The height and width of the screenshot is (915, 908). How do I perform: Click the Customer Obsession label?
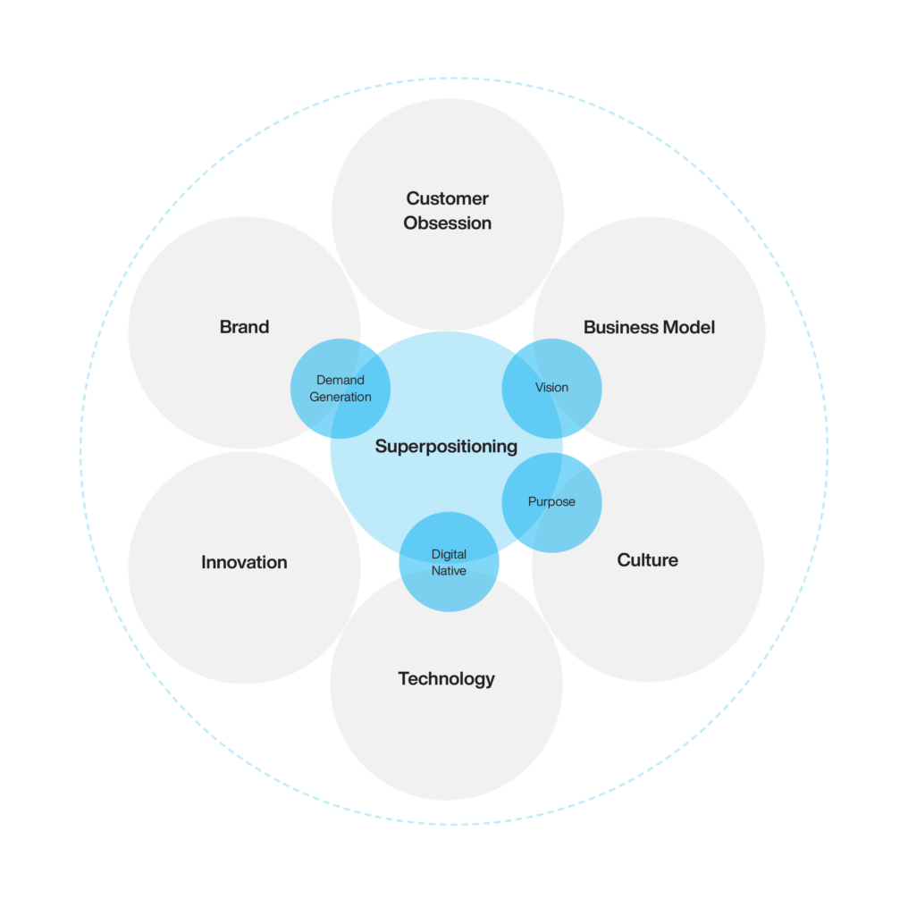coord(447,211)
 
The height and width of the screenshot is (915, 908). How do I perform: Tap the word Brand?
coord(244,327)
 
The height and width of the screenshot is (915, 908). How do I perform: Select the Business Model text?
coord(649,328)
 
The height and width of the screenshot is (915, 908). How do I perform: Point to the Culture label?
coord(647,560)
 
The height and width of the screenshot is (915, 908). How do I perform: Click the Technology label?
coord(446,679)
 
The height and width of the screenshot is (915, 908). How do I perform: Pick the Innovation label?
coord(244,562)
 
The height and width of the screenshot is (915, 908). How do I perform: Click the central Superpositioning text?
coord(446,446)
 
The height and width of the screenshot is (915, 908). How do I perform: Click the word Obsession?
coord(447,223)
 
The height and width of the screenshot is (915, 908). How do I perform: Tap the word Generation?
coord(340,397)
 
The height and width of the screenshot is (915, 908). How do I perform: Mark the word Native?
coord(449,571)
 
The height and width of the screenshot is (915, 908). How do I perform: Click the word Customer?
coord(447,198)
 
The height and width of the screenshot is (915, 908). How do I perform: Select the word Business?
coord(616,328)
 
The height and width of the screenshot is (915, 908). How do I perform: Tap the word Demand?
coord(340,381)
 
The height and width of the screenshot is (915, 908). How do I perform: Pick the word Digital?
coord(449,555)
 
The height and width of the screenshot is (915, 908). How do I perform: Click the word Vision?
coord(551,388)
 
